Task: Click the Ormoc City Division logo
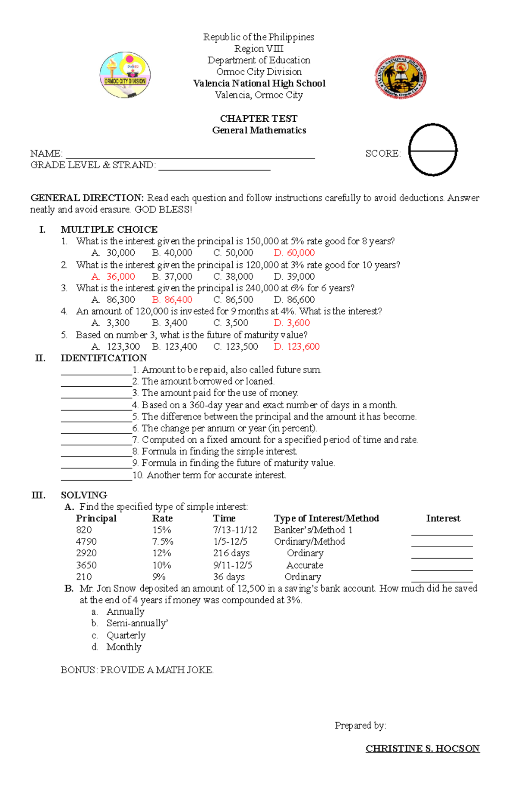(125, 75)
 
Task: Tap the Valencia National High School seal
(400, 77)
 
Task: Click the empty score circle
(433, 150)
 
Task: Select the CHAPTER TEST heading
(259, 119)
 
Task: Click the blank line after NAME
(190, 155)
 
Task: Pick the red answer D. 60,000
(294, 253)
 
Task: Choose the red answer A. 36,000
(114, 276)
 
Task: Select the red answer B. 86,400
(172, 300)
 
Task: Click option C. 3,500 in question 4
(231, 323)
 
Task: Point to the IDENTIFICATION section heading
(104, 358)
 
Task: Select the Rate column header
(162, 518)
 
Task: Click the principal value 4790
(86, 542)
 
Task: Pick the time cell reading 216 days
(231, 553)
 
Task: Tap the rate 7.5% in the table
(163, 542)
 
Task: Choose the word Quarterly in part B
(126, 635)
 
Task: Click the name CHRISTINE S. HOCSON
(423, 748)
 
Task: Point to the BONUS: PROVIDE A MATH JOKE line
(137, 670)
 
